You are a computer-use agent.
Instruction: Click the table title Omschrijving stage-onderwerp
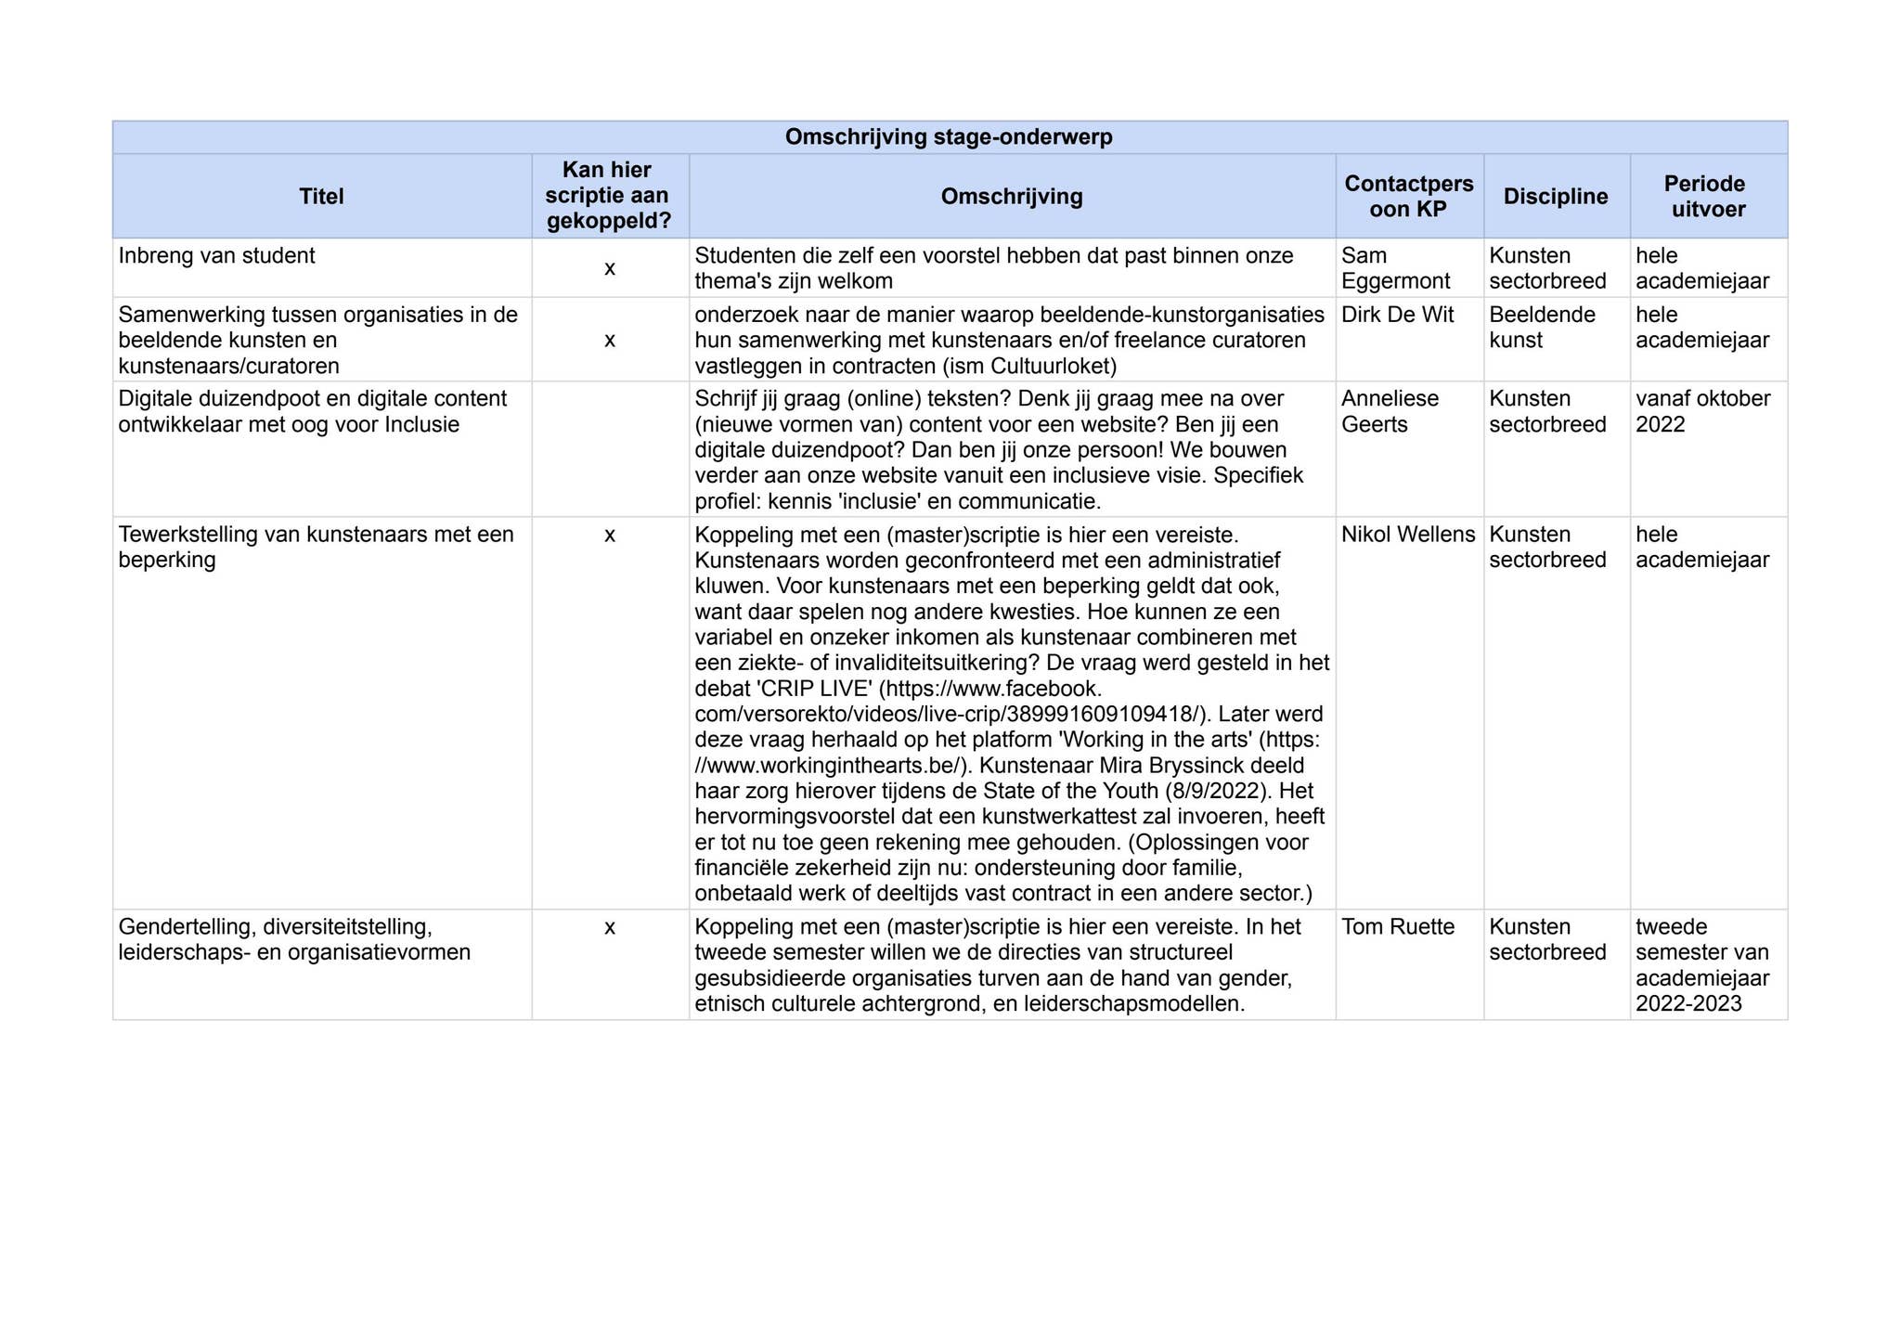[x=949, y=137]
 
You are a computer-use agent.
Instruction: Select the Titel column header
[x=321, y=197]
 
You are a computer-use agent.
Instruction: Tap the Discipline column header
[x=1556, y=197]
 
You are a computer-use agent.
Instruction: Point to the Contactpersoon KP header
[x=1408, y=197]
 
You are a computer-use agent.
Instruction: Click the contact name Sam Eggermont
[x=1394, y=268]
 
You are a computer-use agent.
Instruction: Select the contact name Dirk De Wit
[x=1397, y=315]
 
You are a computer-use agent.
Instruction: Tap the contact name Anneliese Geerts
[x=1390, y=411]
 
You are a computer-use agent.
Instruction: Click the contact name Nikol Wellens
[x=1407, y=535]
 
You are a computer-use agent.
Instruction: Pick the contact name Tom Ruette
[x=1397, y=927]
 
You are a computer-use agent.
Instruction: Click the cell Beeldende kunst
[x=1542, y=328]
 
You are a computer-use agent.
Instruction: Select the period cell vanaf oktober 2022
[x=1702, y=411]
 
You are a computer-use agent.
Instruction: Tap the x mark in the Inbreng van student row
[x=610, y=269]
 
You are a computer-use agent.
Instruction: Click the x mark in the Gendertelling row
[x=610, y=927]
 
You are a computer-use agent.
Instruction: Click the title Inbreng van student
[x=217, y=256]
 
